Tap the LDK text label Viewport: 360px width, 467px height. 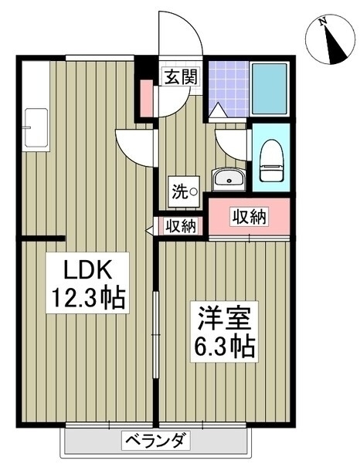point(87,269)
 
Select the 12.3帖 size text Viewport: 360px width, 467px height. point(88,298)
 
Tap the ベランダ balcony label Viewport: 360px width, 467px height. point(155,441)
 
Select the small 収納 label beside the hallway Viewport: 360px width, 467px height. point(182,226)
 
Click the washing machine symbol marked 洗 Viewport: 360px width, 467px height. point(184,191)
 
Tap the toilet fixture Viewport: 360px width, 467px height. point(271,161)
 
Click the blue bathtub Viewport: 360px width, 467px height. point(270,89)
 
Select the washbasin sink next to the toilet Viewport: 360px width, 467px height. point(229,179)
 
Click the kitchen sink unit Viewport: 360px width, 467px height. point(36,127)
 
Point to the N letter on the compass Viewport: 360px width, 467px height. point(322,22)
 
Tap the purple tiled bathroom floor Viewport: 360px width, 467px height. point(228,89)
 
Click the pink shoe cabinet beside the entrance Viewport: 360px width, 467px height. point(146,98)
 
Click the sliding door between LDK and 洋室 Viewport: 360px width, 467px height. point(155,334)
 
